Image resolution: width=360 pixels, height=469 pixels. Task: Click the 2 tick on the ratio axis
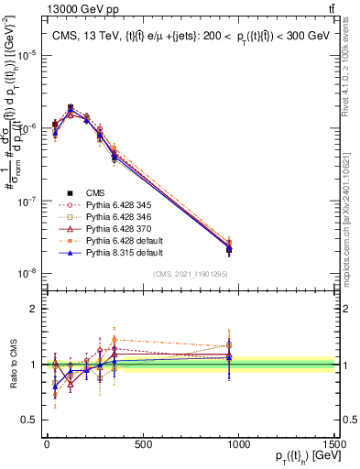pos(31,309)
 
